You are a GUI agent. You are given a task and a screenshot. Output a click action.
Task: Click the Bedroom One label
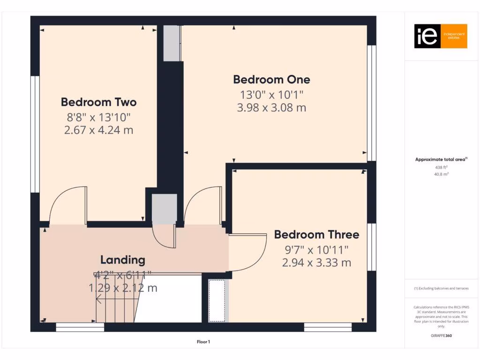tap(271, 80)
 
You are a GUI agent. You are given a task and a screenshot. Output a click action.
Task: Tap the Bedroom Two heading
tap(98, 102)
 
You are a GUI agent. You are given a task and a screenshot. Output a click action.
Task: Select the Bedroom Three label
tap(316, 234)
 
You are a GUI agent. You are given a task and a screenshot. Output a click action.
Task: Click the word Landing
tap(123, 260)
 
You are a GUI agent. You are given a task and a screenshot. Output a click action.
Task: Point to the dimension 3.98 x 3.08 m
tap(271, 107)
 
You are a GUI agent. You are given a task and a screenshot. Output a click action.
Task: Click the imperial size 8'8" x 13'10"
tap(98, 117)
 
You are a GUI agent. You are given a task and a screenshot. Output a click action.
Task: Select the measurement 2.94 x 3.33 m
tap(316, 262)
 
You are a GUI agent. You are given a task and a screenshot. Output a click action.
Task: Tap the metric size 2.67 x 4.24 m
tap(98, 130)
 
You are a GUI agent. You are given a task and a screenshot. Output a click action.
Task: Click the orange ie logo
tap(440, 36)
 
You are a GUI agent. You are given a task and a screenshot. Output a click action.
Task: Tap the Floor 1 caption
tap(203, 342)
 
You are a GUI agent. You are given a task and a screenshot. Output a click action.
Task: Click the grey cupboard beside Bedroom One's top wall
tap(172, 43)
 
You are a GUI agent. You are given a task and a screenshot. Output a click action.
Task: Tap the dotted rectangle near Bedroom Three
tap(217, 301)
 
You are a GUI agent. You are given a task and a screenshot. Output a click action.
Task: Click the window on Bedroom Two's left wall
tap(34, 134)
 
